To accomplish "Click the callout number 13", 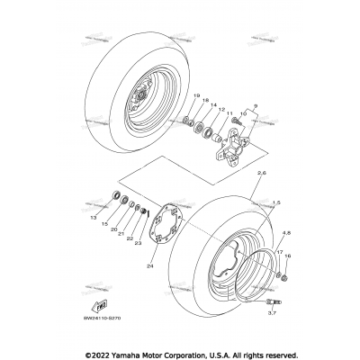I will coord(118,217).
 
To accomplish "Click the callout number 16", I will coord(287,256).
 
